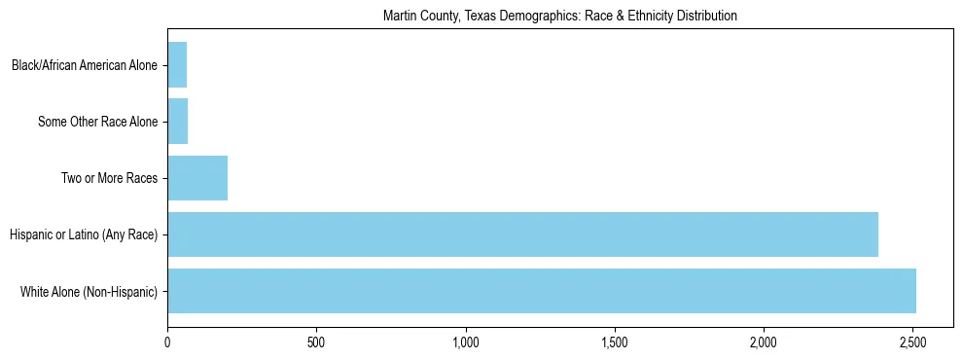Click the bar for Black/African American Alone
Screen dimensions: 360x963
(x=177, y=65)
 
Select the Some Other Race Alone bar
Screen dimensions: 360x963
(x=177, y=122)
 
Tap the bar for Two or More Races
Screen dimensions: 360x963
(x=197, y=178)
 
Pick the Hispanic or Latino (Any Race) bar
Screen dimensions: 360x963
(x=522, y=234)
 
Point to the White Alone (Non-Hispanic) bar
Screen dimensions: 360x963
(x=542, y=291)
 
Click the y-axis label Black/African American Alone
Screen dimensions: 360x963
(x=85, y=66)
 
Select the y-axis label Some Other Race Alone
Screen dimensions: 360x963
(x=98, y=123)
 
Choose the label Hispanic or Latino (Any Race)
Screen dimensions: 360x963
(x=84, y=235)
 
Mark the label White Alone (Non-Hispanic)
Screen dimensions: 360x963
(x=89, y=292)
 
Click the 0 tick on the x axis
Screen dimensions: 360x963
(x=167, y=342)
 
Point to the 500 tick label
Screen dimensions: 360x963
(x=316, y=342)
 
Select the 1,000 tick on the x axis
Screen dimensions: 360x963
(x=465, y=342)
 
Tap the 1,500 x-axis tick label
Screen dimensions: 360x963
(x=614, y=342)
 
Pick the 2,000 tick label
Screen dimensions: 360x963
(x=764, y=342)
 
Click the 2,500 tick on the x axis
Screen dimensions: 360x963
(x=912, y=342)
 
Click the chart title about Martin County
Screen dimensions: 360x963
(x=559, y=16)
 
